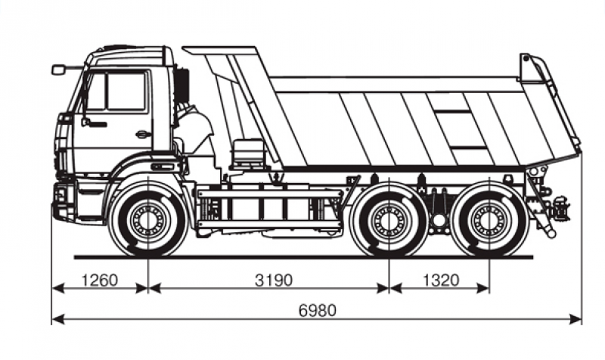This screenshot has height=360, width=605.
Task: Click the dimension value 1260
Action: pyautogui.click(x=99, y=280)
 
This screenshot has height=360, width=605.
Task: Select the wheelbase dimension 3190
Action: pyautogui.click(x=274, y=280)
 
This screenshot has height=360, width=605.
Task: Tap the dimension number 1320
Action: pyautogui.click(x=442, y=280)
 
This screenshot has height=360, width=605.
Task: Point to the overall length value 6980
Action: pyautogui.click(x=318, y=310)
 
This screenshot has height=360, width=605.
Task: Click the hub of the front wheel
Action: pyautogui.click(x=147, y=220)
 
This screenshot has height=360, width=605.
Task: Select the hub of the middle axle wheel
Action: pyautogui.click(x=389, y=220)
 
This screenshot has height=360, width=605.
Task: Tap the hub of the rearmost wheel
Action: pyautogui.click(x=489, y=220)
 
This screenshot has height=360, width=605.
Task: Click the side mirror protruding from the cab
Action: pyautogui.click(x=58, y=70)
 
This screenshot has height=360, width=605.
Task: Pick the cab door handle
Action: pyautogui.click(x=143, y=135)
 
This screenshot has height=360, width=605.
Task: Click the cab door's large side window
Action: pyautogui.click(x=126, y=92)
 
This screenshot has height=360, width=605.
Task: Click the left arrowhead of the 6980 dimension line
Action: pyautogui.click(x=58, y=319)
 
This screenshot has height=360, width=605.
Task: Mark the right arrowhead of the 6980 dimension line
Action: pyautogui.click(x=576, y=319)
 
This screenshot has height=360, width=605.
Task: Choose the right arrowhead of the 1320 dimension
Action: pyautogui.click(x=483, y=288)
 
